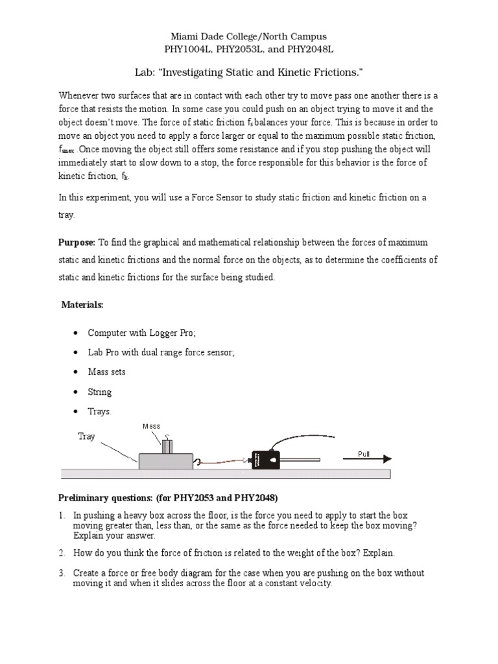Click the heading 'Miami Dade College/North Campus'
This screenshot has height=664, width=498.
tap(249, 37)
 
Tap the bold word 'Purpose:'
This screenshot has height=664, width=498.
tap(77, 243)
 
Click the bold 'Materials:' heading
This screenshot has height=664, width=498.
tap(82, 304)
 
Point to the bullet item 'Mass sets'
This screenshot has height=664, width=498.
tap(106, 372)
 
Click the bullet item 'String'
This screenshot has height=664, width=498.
tap(100, 392)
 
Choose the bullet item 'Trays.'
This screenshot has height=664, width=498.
tap(100, 412)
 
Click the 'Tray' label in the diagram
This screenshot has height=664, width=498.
tap(86, 436)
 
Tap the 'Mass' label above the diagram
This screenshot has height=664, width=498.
tap(151, 426)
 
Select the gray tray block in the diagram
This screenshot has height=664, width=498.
tap(165, 461)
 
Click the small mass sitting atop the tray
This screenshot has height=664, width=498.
tap(168, 446)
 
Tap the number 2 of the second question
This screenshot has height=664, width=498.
tap(61, 553)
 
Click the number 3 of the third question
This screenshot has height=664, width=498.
tap(61, 573)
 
